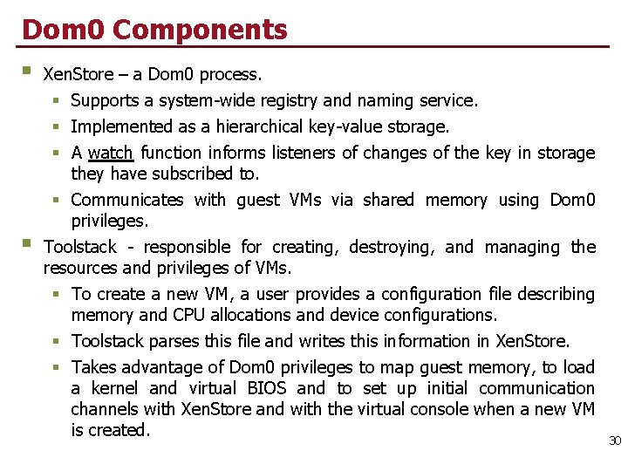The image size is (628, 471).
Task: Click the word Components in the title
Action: pos(200,29)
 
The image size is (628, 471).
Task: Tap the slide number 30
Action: pos(615,441)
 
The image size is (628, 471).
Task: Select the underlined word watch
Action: pos(111,153)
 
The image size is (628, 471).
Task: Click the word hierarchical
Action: pos(261,126)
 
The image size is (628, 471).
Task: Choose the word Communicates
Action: pos(127,200)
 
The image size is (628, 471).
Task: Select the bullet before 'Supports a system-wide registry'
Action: pos(55,101)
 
